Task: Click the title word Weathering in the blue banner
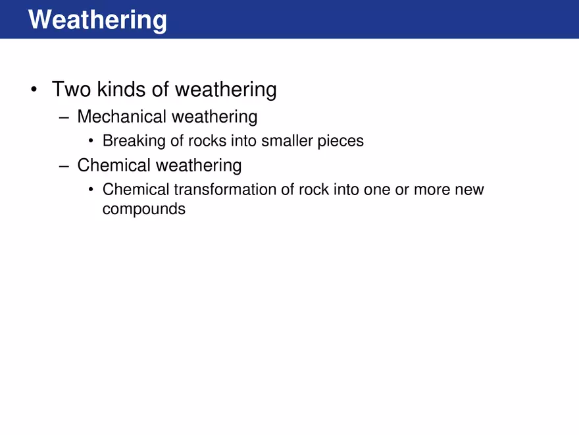click(97, 20)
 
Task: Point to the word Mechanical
click(122, 117)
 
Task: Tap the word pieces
click(340, 141)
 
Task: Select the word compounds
click(144, 210)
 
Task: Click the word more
click(431, 190)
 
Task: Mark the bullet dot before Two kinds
click(34, 90)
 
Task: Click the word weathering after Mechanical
click(214, 117)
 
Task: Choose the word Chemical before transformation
click(136, 190)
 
